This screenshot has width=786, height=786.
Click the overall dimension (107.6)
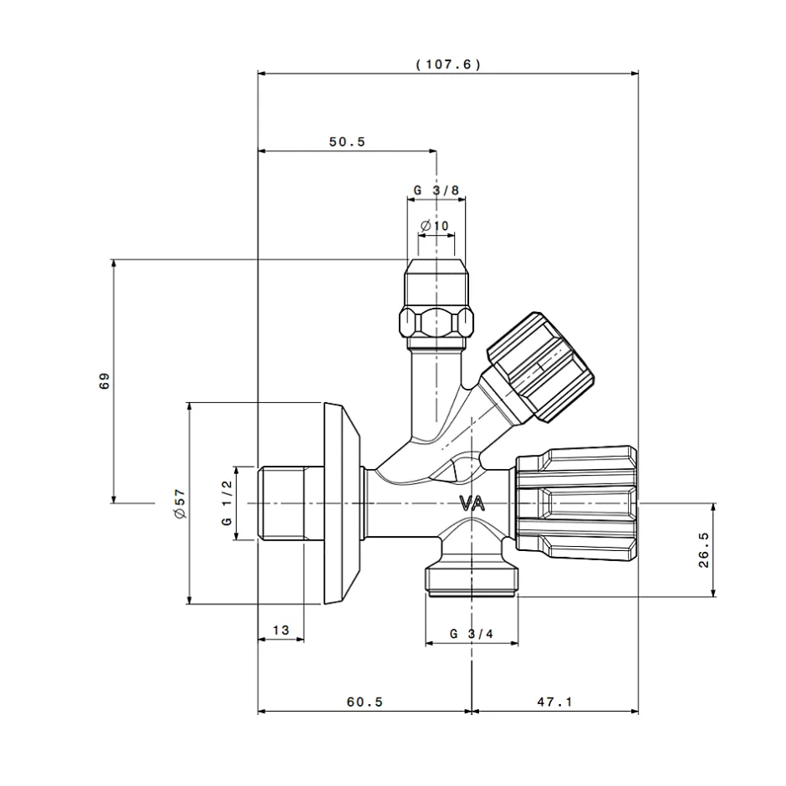click(x=448, y=64)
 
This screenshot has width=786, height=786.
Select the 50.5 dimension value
click(x=346, y=142)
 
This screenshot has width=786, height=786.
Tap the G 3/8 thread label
click(x=436, y=190)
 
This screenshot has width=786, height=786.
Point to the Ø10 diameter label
click(x=435, y=226)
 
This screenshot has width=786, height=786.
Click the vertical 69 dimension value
click(x=105, y=381)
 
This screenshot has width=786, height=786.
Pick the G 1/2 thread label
click(x=226, y=503)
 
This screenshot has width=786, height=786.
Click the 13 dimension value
click(x=280, y=630)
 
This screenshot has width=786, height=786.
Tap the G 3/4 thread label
click(x=472, y=633)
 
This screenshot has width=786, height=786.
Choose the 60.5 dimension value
click(x=364, y=702)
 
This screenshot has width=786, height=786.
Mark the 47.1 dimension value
click(x=554, y=702)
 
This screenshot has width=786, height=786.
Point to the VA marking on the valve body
click(x=472, y=503)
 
